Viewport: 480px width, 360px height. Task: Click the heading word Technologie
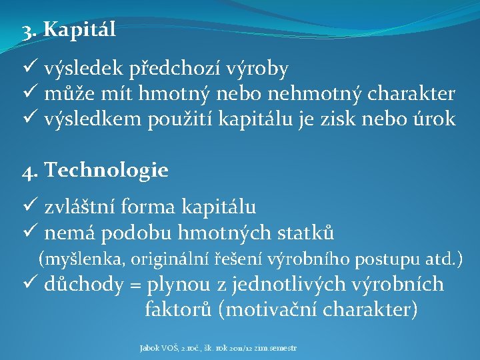click(x=106, y=171)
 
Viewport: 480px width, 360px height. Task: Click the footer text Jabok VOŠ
click(x=159, y=348)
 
